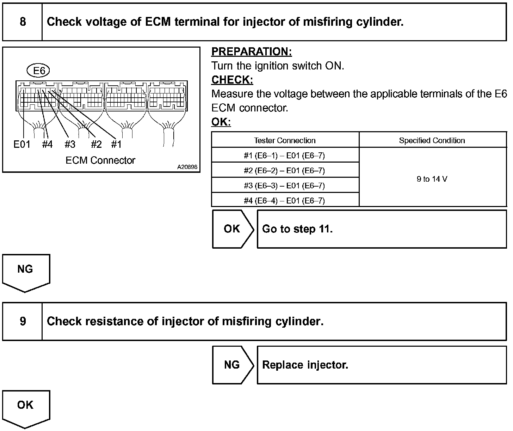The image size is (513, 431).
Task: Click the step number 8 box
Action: (23, 22)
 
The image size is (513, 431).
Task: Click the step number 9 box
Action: (23, 321)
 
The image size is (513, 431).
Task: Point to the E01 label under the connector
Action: (22, 144)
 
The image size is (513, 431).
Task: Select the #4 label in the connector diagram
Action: (47, 144)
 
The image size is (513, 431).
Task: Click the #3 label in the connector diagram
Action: (70, 144)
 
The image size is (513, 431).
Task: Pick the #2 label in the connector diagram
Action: (96, 144)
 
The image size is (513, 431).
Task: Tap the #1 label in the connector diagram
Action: (116, 144)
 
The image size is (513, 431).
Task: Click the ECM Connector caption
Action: (100, 160)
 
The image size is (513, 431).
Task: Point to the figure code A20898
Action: (187, 167)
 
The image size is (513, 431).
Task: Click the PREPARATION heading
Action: (252, 52)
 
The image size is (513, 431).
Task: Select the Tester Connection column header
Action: (285, 140)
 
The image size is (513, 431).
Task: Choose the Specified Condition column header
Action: (432, 140)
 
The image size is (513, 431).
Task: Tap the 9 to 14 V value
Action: (432, 179)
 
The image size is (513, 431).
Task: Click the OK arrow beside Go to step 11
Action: (232, 229)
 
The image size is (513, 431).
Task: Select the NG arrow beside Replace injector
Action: (232, 365)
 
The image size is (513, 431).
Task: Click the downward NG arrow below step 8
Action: (25, 272)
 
